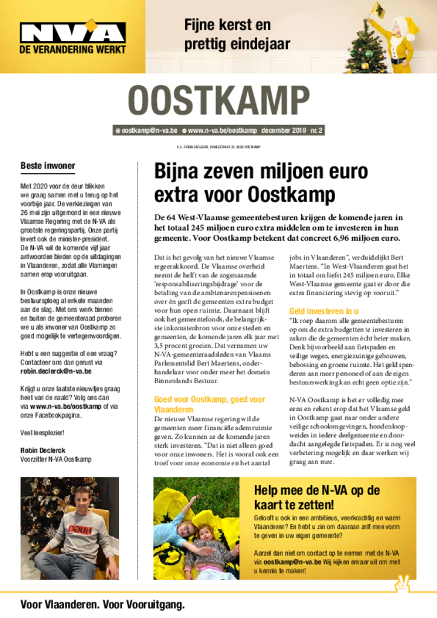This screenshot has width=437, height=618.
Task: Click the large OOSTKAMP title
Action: (x=218, y=101)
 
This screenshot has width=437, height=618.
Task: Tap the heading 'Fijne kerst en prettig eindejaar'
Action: (x=237, y=35)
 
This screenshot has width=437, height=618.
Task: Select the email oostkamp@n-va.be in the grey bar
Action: (x=146, y=130)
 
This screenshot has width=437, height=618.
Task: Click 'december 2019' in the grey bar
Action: (x=284, y=130)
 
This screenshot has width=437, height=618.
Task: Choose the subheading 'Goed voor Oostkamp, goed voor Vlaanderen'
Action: (x=209, y=404)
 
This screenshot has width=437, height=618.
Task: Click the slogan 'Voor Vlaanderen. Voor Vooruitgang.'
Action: (x=103, y=605)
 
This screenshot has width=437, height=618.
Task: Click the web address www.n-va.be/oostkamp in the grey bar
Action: (x=222, y=130)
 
